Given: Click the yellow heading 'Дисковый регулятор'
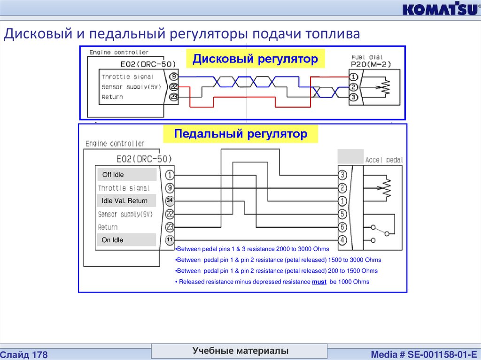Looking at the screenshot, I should pyautogui.click(x=256, y=59).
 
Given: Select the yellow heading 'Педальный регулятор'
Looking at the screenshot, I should pyautogui.click(x=240, y=134).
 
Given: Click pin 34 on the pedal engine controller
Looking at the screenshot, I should pyautogui.click(x=170, y=201).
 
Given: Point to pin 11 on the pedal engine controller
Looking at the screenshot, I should pyautogui.click(x=170, y=240).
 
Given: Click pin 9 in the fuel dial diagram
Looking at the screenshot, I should pyautogui.click(x=173, y=76).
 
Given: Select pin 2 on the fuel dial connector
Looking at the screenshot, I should pyautogui.click(x=353, y=87).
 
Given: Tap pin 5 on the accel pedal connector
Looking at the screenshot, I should pyautogui.click(x=342, y=214).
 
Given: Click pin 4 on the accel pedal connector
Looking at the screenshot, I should pyautogui.click(x=342, y=240).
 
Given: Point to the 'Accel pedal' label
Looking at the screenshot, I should pyautogui.click(x=384, y=160).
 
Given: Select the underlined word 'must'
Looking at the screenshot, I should pyautogui.click(x=319, y=282).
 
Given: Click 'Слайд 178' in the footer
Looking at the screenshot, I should pyautogui.click(x=24, y=354).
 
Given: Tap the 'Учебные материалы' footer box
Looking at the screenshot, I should pyautogui.click(x=240, y=351).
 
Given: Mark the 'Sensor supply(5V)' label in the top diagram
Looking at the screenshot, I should pyautogui.click(x=131, y=87).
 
